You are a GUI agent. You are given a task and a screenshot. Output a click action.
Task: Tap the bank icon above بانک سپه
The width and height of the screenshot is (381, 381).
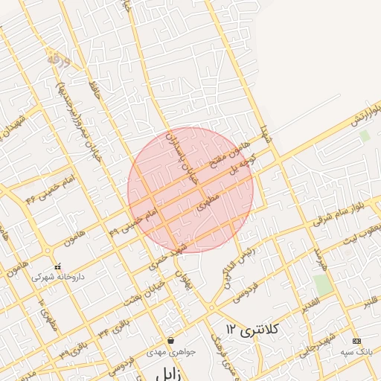pyautogui.click(x=356, y=340)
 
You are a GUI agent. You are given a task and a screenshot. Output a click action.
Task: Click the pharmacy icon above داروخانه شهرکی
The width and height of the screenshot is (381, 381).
pyautogui.click(x=57, y=266)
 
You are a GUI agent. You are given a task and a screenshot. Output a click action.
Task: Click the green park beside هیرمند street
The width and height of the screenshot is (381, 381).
pyautogui.click(x=321, y=284)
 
